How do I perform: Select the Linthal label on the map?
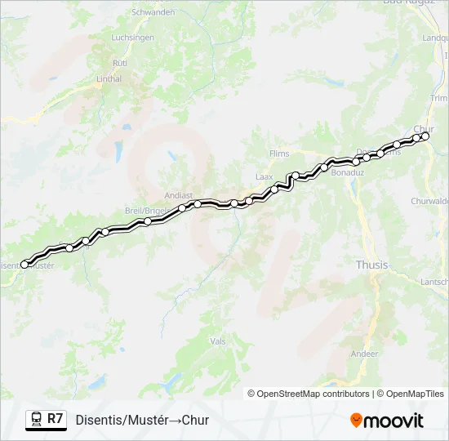(109, 79)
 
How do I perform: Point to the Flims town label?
(279, 153)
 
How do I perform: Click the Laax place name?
(264, 176)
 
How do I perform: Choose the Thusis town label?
(371, 264)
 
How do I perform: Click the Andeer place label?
(364, 354)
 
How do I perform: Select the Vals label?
(217, 341)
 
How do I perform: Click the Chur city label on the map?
(424, 128)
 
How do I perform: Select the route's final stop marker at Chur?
(425, 136)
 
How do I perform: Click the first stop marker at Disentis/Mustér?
(24, 264)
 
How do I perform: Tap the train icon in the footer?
(35, 420)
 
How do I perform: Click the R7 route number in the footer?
(56, 419)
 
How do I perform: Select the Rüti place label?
(120, 62)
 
